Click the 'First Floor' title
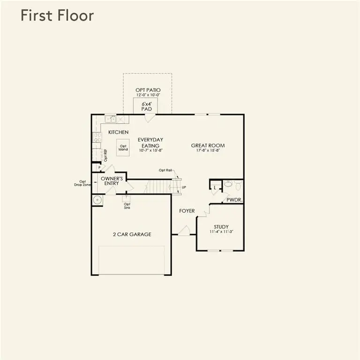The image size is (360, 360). coord(57,15)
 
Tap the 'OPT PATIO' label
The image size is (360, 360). coord(148,90)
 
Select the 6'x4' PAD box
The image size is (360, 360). coord(145,106)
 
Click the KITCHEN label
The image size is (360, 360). coord(118,132)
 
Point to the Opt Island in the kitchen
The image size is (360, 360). coord(123,148)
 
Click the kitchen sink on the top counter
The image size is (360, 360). coord(111,119)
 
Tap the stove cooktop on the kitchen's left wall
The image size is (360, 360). coord(97,137)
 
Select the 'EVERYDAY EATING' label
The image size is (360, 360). coord(150,142)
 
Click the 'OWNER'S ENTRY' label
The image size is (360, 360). coord(112,181)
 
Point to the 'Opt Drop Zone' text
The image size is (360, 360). coord(83,184)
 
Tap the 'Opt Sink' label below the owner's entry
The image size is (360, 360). coord(127,205)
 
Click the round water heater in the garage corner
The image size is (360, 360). coord(97,201)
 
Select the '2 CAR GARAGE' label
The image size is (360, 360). coord(132,234)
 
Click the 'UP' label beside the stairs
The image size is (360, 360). coord(183,187)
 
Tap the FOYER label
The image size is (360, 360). coord(187,211)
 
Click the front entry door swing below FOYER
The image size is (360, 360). coord(184,231)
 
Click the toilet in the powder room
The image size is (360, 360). coord(228,184)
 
